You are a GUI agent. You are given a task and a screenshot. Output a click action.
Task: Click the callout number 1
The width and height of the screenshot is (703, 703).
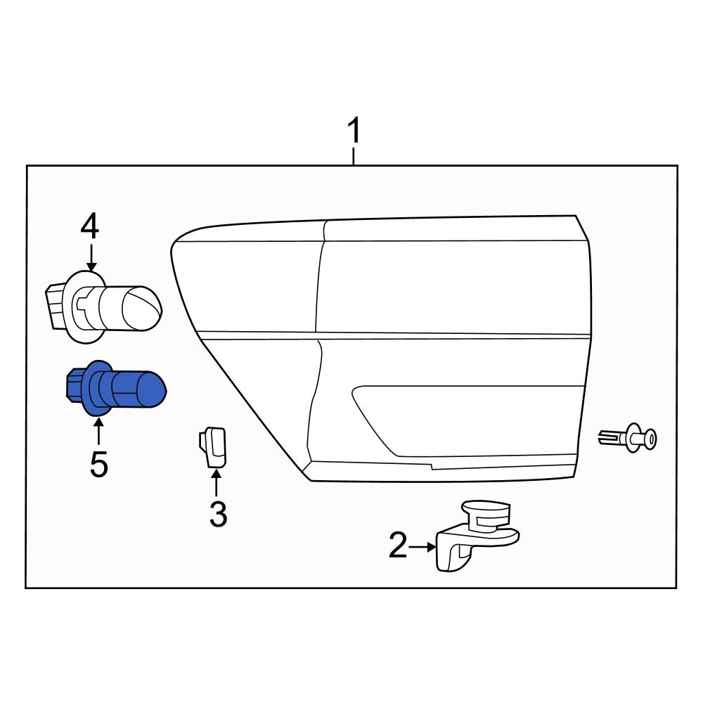(x=354, y=132)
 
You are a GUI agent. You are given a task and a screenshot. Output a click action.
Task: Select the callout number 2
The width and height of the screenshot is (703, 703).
(x=398, y=546)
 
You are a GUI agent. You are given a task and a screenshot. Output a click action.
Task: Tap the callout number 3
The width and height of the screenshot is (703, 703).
(x=217, y=515)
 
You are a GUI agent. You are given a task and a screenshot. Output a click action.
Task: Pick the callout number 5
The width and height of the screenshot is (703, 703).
(x=98, y=464)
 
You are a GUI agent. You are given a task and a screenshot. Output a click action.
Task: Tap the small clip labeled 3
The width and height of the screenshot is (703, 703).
(x=212, y=446)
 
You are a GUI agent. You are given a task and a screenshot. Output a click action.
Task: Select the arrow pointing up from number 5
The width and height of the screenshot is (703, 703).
(x=98, y=430)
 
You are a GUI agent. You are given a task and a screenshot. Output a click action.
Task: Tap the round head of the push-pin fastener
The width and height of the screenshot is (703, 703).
(x=650, y=439)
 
